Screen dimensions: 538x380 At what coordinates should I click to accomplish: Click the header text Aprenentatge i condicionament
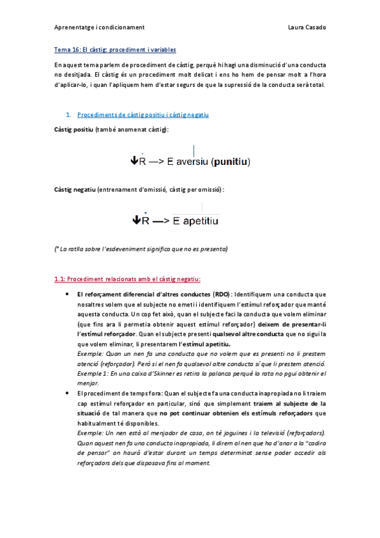point(100,28)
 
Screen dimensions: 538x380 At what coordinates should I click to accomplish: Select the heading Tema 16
point(115,49)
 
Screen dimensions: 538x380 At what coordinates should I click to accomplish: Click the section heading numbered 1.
point(143,115)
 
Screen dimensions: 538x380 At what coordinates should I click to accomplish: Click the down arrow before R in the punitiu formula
point(134,162)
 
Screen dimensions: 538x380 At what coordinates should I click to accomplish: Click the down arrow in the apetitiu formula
point(136,221)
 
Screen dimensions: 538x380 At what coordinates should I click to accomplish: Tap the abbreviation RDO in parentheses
point(221,294)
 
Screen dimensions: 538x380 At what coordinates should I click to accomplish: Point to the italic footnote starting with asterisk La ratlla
point(141,248)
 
